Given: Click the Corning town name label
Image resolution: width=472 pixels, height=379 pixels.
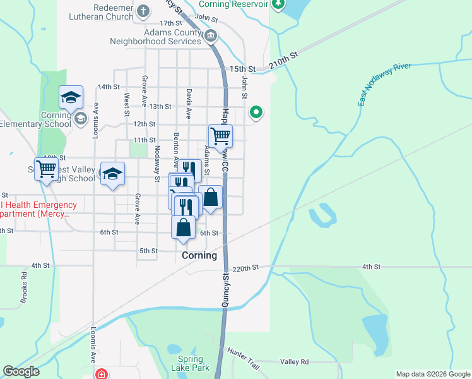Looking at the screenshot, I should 199,256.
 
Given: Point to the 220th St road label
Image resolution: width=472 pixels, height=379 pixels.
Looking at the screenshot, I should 245,268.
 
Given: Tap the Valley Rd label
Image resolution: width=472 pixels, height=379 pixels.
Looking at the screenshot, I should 295,362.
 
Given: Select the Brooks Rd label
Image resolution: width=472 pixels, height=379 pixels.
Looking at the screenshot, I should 24,288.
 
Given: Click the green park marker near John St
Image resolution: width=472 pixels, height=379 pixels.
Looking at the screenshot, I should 256,113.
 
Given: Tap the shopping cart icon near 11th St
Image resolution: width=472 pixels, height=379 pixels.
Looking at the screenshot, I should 220,136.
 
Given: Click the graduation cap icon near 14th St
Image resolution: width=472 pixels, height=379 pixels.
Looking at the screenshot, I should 71,97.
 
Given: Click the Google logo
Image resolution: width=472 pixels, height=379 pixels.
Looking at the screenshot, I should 21,372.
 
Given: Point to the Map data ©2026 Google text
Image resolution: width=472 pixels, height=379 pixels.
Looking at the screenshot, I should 432,374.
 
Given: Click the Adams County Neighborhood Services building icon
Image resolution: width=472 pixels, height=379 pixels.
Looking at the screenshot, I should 211,37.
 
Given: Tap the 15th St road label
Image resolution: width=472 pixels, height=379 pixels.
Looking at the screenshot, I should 242,68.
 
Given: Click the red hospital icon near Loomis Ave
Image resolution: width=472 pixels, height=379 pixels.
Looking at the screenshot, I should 101,374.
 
